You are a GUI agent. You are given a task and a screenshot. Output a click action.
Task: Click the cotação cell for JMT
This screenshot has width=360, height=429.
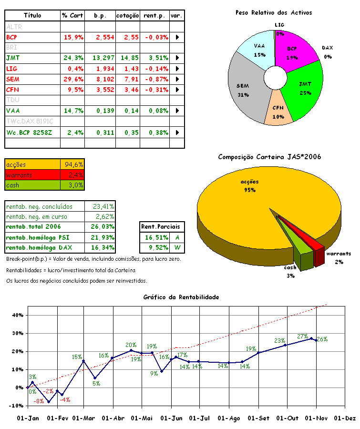[x=129, y=58]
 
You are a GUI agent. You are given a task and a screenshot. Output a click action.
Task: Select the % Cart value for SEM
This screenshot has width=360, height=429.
[x=73, y=79]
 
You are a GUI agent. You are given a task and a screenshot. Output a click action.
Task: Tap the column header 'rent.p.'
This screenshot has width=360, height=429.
[x=155, y=16]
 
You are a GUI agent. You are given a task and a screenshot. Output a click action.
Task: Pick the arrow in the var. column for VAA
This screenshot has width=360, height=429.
[x=177, y=111]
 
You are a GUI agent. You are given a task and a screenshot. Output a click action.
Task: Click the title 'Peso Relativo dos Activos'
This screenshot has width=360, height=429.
[x=273, y=13]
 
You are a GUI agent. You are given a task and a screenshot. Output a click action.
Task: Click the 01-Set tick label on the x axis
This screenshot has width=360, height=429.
[x=257, y=418]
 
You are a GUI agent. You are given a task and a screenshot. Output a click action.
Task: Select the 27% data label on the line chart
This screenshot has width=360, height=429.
[x=302, y=336]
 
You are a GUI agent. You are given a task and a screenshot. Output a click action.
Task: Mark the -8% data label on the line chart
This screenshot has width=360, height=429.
[x=38, y=402]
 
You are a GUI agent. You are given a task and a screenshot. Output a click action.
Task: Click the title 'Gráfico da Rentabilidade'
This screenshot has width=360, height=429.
[x=181, y=297]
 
